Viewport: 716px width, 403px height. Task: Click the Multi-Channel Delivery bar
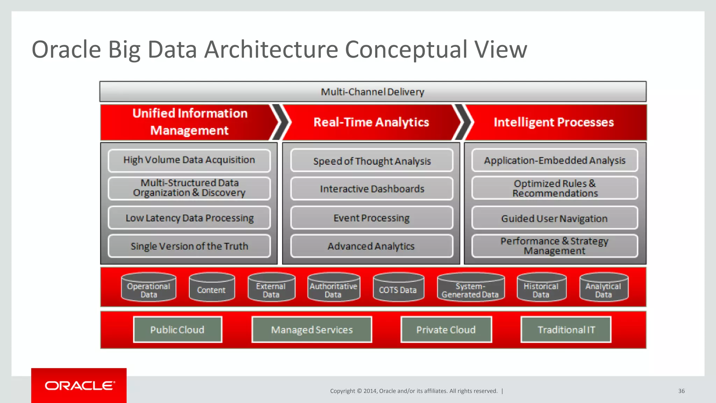(373, 92)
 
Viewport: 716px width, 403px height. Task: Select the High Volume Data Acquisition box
(189, 160)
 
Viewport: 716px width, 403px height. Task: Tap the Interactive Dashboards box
(372, 189)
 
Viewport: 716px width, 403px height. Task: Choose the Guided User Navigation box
(554, 218)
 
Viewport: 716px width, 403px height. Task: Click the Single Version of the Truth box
(189, 246)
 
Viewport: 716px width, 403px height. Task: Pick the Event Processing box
(372, 218)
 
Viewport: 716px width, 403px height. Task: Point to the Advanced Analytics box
(372, 246)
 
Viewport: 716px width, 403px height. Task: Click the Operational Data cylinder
(149, 288)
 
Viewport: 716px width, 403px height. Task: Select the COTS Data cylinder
(398, 288)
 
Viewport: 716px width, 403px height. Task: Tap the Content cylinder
(212, 288)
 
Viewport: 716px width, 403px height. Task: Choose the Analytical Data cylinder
(603, 288)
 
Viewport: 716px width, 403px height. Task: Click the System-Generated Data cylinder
(470, 288)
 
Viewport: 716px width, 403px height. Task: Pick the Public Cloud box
(177, 330)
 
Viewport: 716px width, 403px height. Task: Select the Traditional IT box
(566, 330)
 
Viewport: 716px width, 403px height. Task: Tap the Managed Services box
(312, 330)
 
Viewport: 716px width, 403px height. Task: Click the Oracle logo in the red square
(79, 386)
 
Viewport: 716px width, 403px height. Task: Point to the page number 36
(681, 391)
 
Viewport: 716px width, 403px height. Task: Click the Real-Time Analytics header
(371, 122)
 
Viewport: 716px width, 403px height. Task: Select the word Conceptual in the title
(406, 49)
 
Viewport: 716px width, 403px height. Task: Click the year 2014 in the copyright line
(370, 391)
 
